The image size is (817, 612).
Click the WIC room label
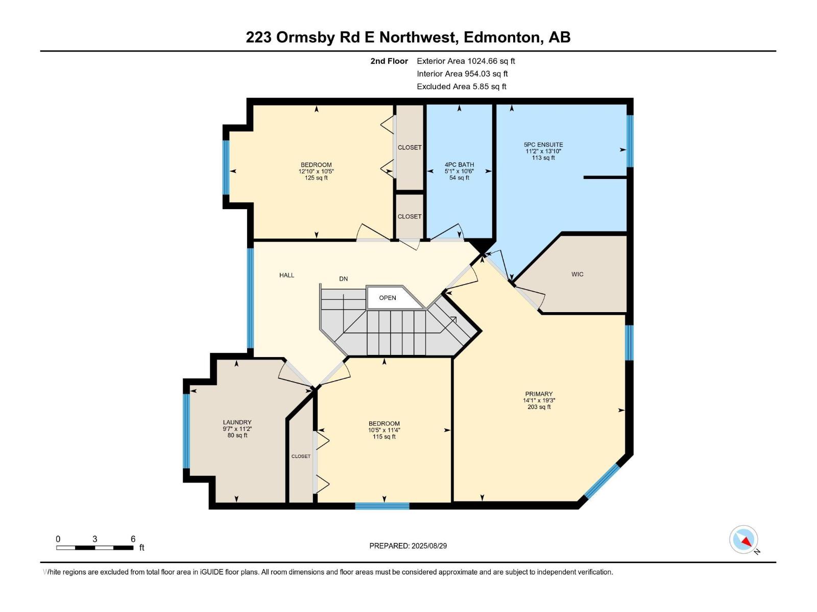coord(577,274)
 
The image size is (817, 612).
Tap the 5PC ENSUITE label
coord(543,145)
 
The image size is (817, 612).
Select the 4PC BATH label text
coord(459,165)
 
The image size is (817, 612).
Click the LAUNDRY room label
coord(237,422)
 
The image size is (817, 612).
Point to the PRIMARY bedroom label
coord(539,394)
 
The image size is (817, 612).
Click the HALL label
coord(286,275)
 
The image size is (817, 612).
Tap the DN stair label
coord(343,279)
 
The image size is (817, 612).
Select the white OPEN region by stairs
coord(388,298)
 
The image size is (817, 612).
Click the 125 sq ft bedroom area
coord(316,178)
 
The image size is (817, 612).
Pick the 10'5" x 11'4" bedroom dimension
coord(384,430)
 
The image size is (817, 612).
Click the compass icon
coord(743,540)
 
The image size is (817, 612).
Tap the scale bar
coord(95,548)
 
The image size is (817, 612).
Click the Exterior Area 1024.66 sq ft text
coord(466,61)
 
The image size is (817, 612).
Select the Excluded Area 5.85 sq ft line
coord(461,87)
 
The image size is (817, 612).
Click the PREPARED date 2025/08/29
coord(408,546)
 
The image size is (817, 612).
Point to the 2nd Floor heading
coord(389,61)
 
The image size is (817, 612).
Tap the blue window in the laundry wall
coord(186,430)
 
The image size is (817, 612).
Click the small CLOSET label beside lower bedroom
coord(301,456)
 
